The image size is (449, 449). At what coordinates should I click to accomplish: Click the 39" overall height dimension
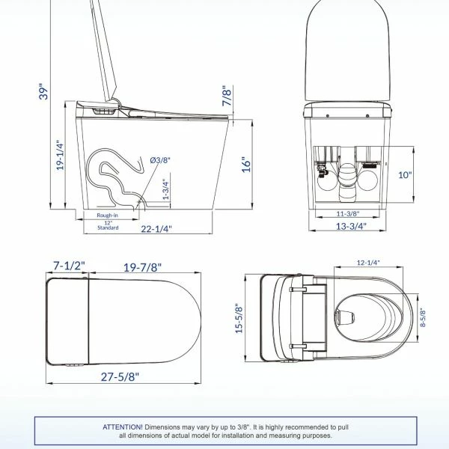click(x=43, y=91)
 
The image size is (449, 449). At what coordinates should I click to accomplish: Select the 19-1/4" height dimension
click(x=60, y=155)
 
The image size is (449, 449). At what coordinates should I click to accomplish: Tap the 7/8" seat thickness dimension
click(x=227, y=96)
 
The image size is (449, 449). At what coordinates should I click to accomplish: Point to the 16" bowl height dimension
click(x=246, y=165)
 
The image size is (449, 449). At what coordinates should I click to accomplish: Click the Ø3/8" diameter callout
click(x=160, y=160)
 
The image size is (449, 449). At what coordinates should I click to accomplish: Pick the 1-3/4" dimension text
click(x=166, y=189)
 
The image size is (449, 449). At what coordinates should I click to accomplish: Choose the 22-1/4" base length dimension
click(x=156, y=229)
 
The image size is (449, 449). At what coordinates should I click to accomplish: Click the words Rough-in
click(x=107, y=216)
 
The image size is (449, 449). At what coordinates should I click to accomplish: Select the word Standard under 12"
click(x=108, y=228)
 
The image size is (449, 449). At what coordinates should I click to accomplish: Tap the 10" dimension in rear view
click(x=405, y=174)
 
